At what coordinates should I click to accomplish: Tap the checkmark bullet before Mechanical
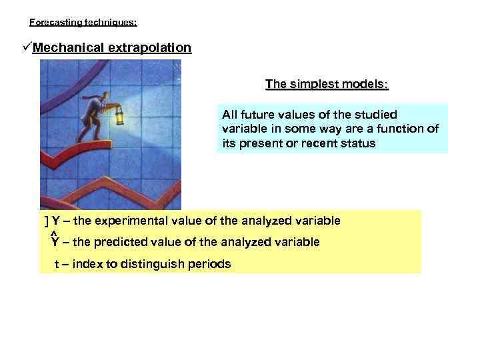[27, 49]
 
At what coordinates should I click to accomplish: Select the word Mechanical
[65, 48]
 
